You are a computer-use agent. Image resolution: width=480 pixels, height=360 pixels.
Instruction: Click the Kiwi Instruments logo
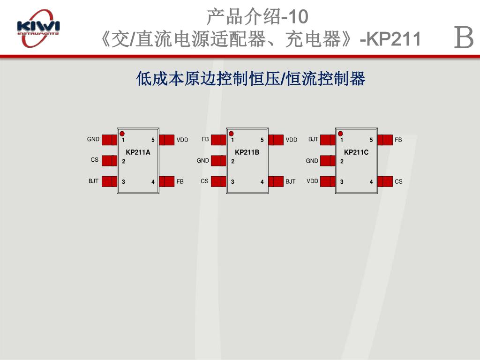click(38, 28)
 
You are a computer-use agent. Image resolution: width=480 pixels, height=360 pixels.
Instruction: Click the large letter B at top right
click(464, 38)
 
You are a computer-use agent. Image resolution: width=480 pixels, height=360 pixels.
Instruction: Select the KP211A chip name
click(138, 152)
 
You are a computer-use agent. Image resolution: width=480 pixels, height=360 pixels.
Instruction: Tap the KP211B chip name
click(247, 152)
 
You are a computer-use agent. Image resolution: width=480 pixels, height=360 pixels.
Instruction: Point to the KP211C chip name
click(356, 152)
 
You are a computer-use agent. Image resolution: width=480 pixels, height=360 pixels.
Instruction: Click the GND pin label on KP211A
click(93, 139)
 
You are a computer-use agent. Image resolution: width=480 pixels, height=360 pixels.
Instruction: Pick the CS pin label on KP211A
click(95, 160)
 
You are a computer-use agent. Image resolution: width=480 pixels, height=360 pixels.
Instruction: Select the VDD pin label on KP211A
click(182, 140)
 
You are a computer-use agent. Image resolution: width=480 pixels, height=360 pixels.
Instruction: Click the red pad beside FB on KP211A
click(167, 181)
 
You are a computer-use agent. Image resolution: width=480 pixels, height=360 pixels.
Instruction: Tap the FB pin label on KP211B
click(205, 139)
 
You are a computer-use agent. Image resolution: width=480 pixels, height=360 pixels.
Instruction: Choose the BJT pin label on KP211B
click(291, 181)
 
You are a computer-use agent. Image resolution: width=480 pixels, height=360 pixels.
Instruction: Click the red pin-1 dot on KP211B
click(231, 134)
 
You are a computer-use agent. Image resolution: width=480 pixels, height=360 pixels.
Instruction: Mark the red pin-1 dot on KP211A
click(122, 134)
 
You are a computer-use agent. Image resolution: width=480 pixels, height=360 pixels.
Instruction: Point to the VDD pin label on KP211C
click(312, 181)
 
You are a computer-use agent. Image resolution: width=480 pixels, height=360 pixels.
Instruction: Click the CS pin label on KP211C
click(398, 181)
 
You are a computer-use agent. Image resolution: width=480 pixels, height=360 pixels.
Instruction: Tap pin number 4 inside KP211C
click(371, 182)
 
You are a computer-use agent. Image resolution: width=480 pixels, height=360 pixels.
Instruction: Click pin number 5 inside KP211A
click(153, 140)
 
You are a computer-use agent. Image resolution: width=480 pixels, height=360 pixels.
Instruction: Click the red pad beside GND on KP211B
click(218, 161)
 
